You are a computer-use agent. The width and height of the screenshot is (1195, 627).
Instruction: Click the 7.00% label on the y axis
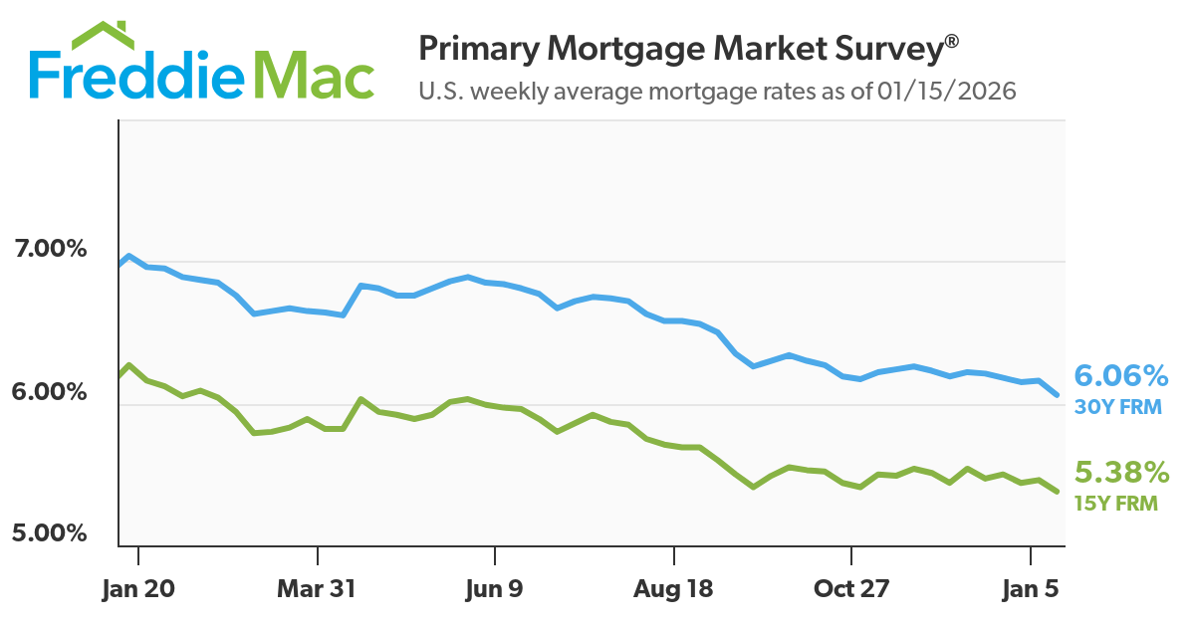pos(49,248)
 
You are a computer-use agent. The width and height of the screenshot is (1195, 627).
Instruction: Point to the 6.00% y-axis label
pos(49,392)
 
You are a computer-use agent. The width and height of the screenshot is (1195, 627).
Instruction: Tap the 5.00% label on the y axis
pos(49,533)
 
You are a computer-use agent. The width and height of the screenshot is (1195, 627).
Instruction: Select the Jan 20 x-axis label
pos(138,589)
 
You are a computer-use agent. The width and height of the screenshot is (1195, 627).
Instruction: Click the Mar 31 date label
pos(317,589)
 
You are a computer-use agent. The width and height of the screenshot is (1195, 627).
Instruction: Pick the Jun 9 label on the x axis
pos(495,589)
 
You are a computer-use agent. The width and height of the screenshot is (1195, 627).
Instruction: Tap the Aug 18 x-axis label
pos(673,589)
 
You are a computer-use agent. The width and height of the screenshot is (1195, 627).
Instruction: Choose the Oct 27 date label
pos(851,589)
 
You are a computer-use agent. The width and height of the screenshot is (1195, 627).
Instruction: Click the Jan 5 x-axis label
pos(1030,589)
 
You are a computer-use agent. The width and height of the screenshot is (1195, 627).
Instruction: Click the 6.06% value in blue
pos(1120,376)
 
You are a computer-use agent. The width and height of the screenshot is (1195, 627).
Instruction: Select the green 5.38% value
pos(1120,471)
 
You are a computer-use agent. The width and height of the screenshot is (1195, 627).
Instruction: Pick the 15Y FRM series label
pos(1115,504)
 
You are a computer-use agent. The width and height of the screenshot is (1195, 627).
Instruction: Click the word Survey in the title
pos(886,48)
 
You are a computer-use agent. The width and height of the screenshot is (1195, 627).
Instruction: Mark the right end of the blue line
pos(1057,394)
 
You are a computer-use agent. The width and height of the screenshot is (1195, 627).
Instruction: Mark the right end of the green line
pos(1057,491)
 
